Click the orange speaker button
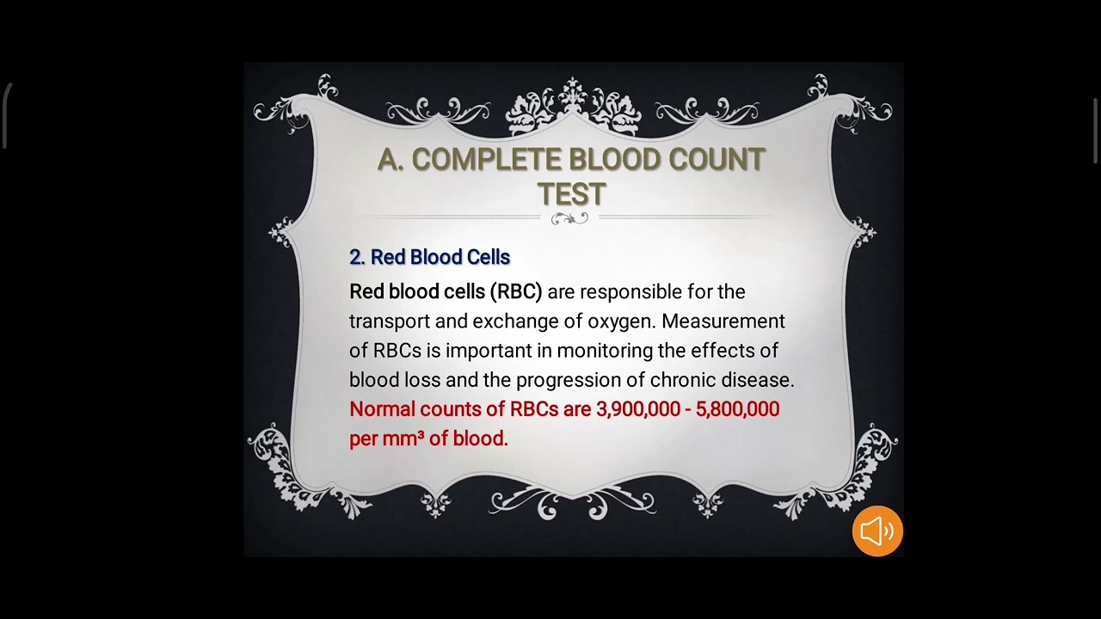(x=877, y=531)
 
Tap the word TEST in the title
(x=572, y=194)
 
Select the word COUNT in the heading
(x=717, y=160)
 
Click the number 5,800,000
(x=737, y=409)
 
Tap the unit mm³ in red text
(x=403, y=438)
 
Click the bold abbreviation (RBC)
(x=516, y=292)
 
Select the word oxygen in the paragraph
(x=621, y=322)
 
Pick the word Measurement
(x=723, y=322)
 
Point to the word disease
(x=759, y=380)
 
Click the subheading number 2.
(x=357, y=257)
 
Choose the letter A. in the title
(x=391, y=160)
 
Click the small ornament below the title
(x=569, y=218)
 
